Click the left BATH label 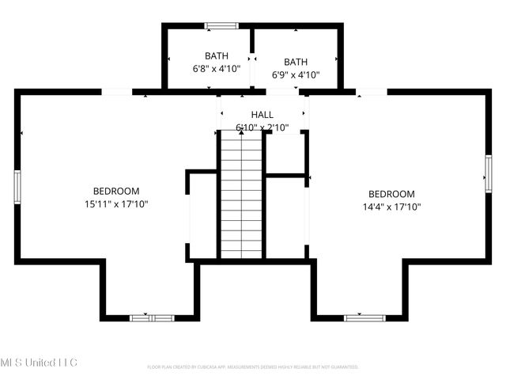217,55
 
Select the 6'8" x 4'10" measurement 217,69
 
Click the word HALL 262,115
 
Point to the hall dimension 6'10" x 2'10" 262,127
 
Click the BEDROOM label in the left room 116,191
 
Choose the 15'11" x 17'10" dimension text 116,204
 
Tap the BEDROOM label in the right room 391,194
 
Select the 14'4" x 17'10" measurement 391,207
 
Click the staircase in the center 240,194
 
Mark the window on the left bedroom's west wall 17,187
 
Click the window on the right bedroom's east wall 489,173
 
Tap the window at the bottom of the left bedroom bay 151,317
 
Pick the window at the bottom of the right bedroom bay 364,317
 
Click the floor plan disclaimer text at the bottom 253,367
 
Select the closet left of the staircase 203,215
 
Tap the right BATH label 296,62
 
